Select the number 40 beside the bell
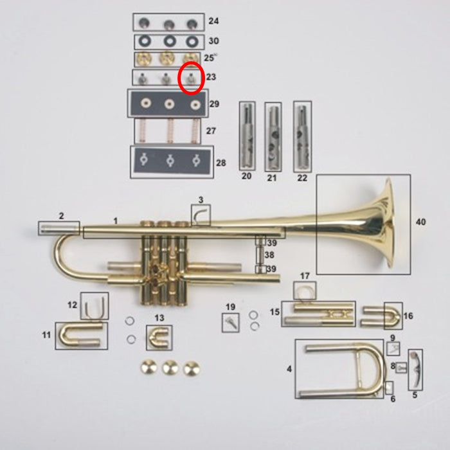click(x=420, y=222)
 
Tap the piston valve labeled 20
click(x=248, y=136)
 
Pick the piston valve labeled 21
click(x=273, y=137)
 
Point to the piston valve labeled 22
click(x=303, y=136)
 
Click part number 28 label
click(x=221, y=163)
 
